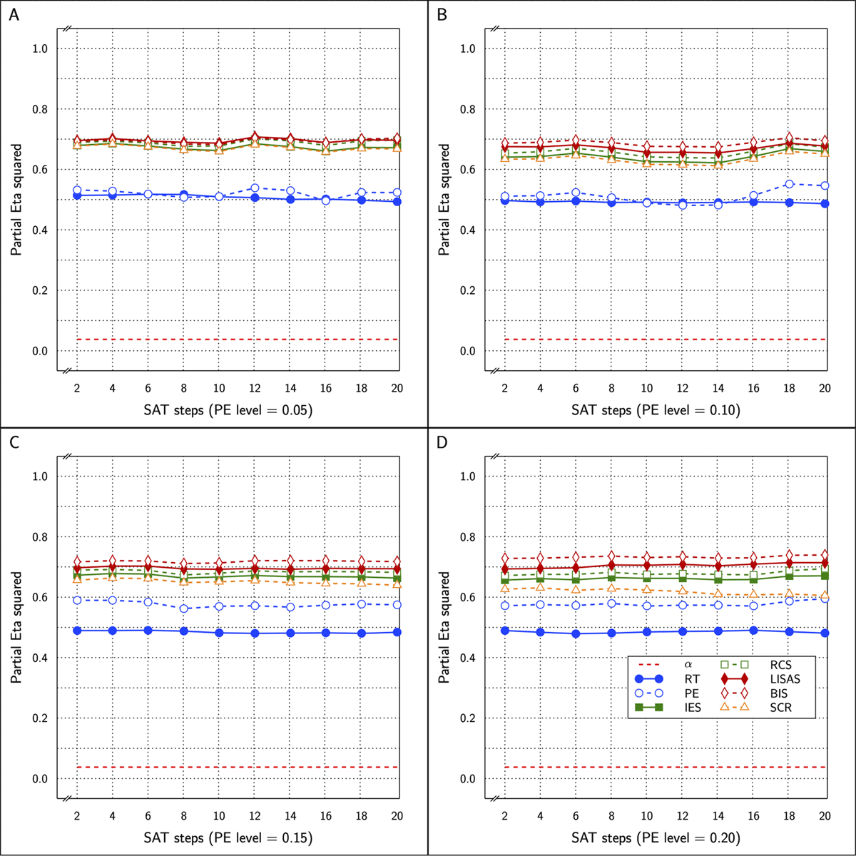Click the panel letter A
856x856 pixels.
click(x=14, y=14)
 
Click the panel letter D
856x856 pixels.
click(x=442, y=442)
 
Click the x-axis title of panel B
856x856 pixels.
click(x=656, y=410)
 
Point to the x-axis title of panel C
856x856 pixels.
click(x=228, y=837)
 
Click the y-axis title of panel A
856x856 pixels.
click(x=16, y=200)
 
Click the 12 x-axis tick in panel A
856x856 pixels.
click(x=255, y=388)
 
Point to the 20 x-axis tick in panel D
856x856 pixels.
click(x=825, y=815)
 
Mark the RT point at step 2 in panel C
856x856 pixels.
click(x=76, y=631)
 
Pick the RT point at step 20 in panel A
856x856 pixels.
click(x=397, y=202)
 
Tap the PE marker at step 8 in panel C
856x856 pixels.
click(x=183, y=608)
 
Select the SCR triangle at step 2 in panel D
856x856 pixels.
click(x=504, y=587)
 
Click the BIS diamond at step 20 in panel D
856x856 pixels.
click(x=825, y=555)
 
